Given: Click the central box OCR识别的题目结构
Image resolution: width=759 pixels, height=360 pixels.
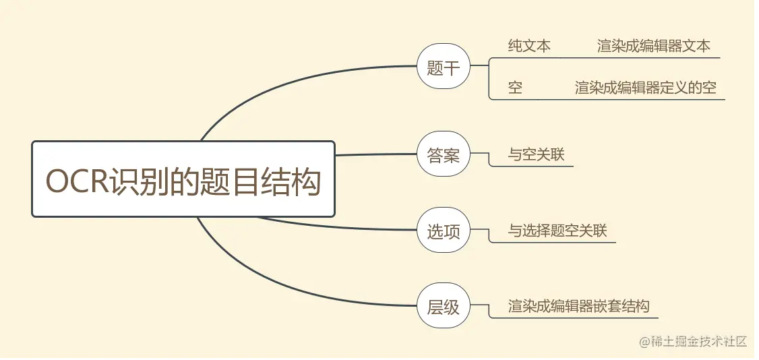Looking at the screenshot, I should click(x=183, y=179).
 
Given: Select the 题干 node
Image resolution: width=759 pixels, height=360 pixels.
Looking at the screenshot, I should click(x=443, y=67).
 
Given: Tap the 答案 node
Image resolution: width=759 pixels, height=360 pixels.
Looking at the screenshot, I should click(x=443, y=155).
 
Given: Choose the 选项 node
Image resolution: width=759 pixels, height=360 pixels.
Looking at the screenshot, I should click(x=443, y=231).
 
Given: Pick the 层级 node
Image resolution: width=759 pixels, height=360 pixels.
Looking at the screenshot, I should click(x=443, y=307).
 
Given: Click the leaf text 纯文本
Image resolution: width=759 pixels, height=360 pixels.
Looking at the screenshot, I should click(x=529, y=46).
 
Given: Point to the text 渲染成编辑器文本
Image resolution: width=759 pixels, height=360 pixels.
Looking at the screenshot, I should click(x=653, y=46).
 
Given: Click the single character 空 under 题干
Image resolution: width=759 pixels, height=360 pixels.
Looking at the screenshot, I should click(x=516, y=88).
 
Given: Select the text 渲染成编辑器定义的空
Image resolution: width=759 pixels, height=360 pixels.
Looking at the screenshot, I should click(x=645, y=88).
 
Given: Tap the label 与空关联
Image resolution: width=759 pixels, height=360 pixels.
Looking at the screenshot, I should click(x=536, y=155).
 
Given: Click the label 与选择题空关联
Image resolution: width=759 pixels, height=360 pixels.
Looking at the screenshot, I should click(x=557, y=231).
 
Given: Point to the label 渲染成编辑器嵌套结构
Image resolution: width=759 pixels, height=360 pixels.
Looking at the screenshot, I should click(x=578, y=307).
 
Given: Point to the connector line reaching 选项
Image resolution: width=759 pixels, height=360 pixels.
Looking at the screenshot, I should click(x=337, y=226).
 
